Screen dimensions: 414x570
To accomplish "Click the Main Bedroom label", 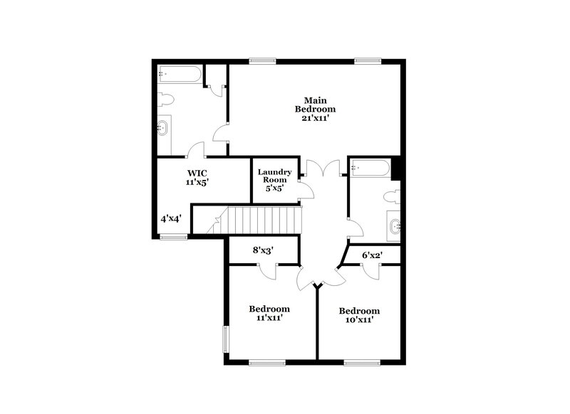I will pyautogui.click(x=315, y=105).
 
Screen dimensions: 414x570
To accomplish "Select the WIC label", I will pyautogui.click(x=197, y=173).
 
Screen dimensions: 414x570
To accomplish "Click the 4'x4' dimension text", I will pyautogui.click(x=170, y=218).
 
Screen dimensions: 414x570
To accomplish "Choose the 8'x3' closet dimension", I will pyautogui.click(x=264, y=250).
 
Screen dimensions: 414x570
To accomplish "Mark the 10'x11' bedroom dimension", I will pyautogui.click(x=358, y=320).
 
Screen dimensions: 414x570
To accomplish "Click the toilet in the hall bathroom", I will pyautogui.click(x=392, y=195).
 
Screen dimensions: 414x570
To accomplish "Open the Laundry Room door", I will pyautogui.click(x=306, y=190).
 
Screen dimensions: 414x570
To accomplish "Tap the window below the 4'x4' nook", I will pyautogui.click(x=173, y=237).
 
